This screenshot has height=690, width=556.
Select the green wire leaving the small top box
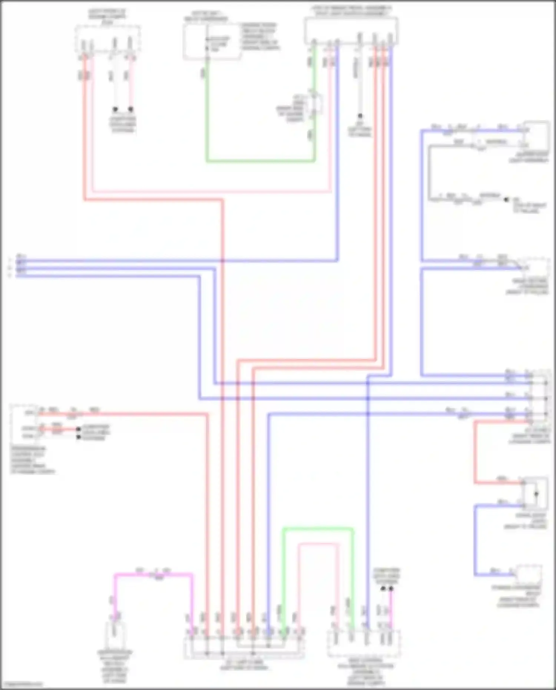259,161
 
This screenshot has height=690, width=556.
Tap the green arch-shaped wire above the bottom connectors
318,529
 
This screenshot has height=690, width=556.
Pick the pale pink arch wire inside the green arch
318,544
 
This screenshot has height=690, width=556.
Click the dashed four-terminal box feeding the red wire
107,39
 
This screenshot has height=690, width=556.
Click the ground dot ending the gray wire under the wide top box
360,116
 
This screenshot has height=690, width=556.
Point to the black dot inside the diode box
536,494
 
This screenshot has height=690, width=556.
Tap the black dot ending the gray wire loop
506,200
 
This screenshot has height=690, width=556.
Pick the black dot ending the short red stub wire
78,429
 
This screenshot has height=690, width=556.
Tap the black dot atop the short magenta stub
391,588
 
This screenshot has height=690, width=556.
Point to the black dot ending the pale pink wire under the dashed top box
130,109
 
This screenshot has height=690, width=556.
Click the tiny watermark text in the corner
21,684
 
